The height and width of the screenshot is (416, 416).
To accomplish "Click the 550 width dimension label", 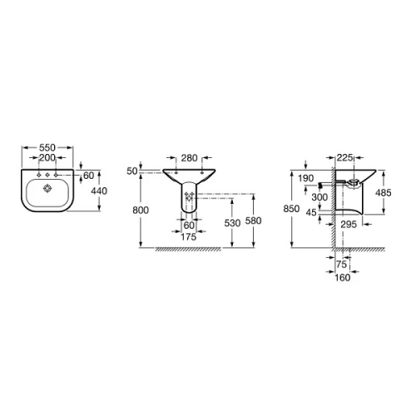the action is pos(47,147).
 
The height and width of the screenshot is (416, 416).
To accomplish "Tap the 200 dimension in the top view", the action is pos(47,158).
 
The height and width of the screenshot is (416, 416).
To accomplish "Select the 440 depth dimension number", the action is pos(99,191).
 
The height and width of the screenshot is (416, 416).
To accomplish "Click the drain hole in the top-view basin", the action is pos(47,189).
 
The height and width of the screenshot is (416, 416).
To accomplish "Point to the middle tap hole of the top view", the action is pos(47,175).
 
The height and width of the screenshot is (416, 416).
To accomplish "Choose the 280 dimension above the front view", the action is pos(189,158).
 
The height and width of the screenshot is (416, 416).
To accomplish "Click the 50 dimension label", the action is pos(132,171).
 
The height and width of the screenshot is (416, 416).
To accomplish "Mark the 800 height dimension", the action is pos(141,210).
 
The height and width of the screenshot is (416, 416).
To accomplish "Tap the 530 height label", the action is pos(232,223).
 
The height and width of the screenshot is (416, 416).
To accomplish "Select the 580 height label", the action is pos(254,220).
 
